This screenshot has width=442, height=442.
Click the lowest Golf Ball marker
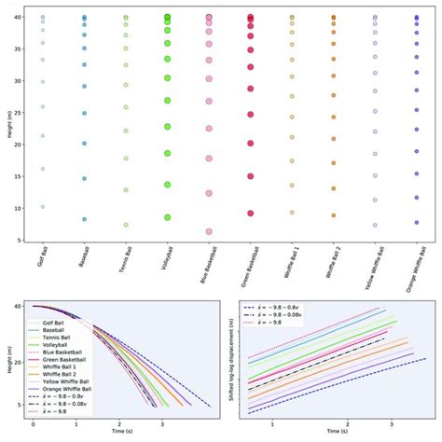pyautogui.click(x=43, y=207)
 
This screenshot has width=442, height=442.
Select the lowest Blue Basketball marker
pyautogui.click(x=209, y=231)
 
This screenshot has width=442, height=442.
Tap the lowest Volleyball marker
pyautogui.click(x=168, y=217)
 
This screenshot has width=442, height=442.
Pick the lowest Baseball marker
pyautogui.click(x=84, y=220)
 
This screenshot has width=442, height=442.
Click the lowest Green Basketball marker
pyautogui.click(x=250, y=214)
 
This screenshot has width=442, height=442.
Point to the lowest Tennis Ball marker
pyautogui.click(x=126, y=225)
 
